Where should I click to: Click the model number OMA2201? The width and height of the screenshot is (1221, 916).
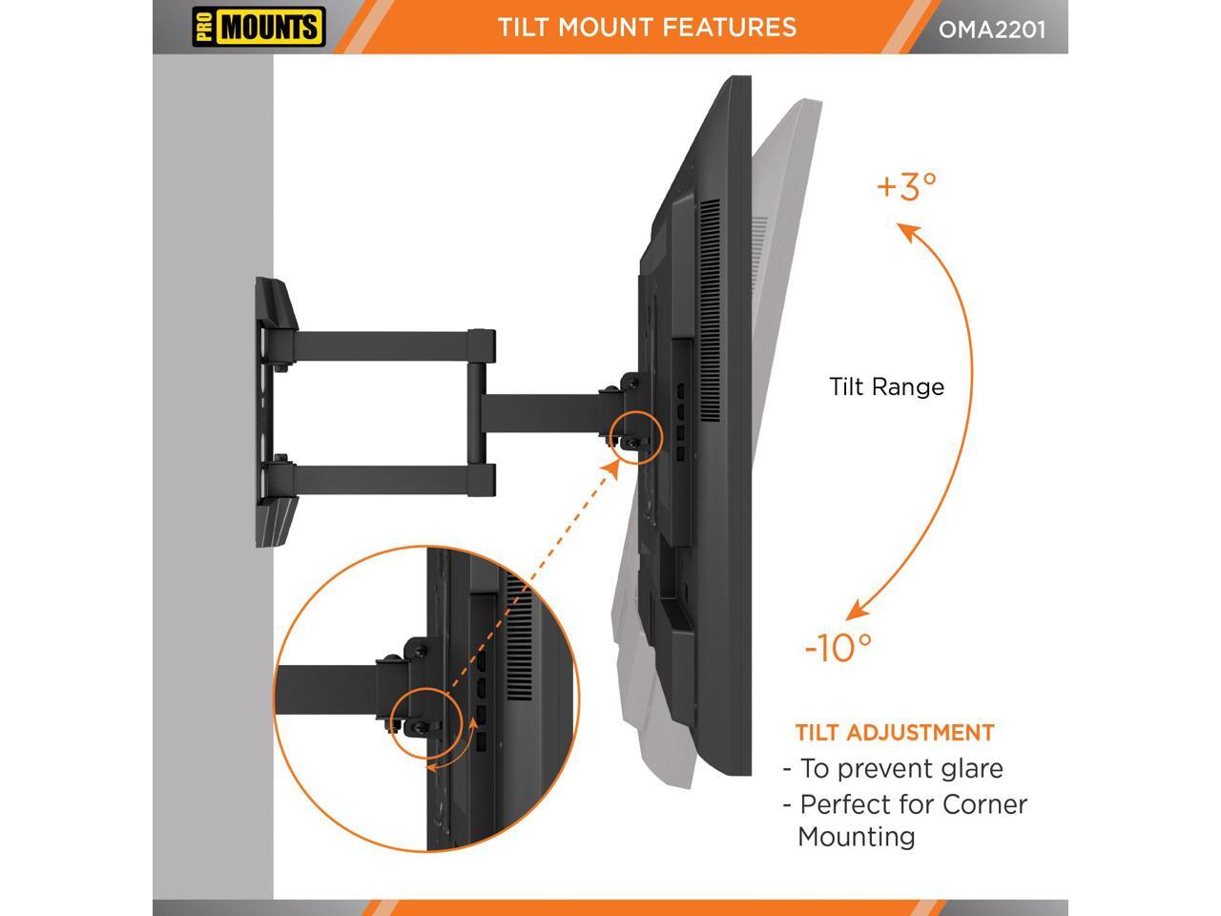click(x=992, y=29)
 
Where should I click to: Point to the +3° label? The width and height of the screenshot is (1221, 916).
click(x=906, y=186)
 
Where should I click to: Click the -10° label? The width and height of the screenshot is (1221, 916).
click(x=838, y=648)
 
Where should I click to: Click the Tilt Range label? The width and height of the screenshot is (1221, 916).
click(x=886, y=386)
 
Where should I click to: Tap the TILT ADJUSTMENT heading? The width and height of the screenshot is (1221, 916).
click(x=895, y=733)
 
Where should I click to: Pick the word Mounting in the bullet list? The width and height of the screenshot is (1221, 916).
click(x=856, y=837)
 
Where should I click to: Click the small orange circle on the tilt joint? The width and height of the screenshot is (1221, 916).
click(x=636, y=437)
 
